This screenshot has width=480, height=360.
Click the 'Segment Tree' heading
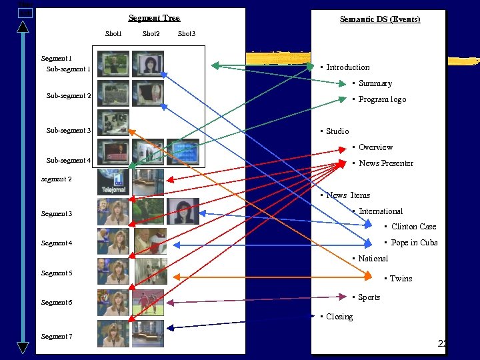pyautogui.click(x=154, y=18)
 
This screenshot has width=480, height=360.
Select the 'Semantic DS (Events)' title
pyautogui.click(x=379, y=19)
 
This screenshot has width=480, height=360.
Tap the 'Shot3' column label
pyautogui.click(x=187, y=33)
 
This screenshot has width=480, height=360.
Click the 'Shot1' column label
pyautogui.click(x=113, y=33)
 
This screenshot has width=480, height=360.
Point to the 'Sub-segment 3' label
pyautogui.click(x=68, y=131)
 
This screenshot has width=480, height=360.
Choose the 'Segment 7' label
pyautogui.click(x=57, y=337)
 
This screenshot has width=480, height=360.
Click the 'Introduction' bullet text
pyautogui.click(x=347, y=67)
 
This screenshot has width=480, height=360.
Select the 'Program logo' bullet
pyautogui.click(x=382, y=99)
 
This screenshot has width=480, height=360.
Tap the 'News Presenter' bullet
pyautogui.click(x=385, y=163)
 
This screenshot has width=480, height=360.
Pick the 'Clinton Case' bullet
pyautogui.click(x=413, y=227)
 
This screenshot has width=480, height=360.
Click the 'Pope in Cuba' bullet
pyautogui.click(x=414, y=243)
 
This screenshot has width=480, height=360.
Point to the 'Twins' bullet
pyautogui.click(x=401, y=279)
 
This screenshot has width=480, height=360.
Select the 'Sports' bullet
pyautogui.click(x=369, y=297)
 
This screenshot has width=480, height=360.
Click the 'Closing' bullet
pyautogui.click(x=339, y=317)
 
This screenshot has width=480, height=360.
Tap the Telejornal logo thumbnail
pyautogui.click(x=113, y=182)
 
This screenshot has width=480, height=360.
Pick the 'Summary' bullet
pyautogui.click(x=375, y=83)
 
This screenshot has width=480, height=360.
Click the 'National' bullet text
pyautogui.click(x=373, y=259)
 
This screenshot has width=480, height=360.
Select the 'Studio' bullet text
pyautogui.click(x=337, y=131)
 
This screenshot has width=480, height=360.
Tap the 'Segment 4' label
pyautogui.click(x=57, y=243)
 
